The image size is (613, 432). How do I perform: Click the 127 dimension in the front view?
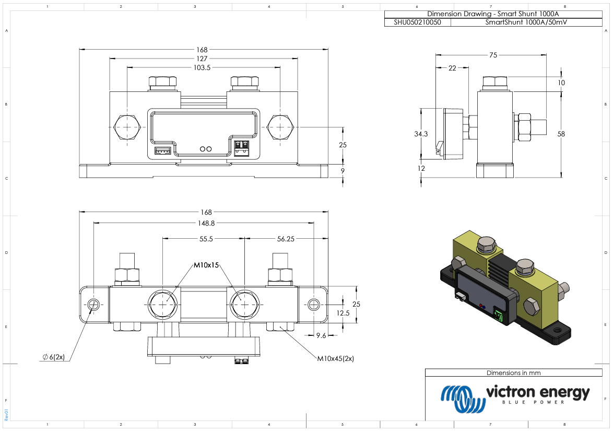coord(202,59)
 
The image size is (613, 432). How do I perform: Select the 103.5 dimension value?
coord(202,67)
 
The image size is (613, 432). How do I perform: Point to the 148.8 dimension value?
coord(204,223)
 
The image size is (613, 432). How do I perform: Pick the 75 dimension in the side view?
coord(493,55)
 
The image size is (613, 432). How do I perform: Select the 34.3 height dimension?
coord(421,134)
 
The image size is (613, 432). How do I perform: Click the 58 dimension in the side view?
coord(561,134)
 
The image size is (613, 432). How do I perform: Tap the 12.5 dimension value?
coord(343,313)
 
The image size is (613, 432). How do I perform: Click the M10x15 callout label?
coord(206,265)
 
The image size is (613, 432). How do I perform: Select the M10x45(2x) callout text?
coord(335,359)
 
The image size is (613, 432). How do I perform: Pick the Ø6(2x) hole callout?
coord(53,357)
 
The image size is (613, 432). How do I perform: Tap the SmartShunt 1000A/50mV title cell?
coord(525,22)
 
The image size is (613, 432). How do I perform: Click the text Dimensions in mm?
coord(513,373)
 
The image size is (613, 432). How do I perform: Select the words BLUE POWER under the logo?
coord(533,402)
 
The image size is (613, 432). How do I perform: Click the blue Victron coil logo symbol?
coord(461,398)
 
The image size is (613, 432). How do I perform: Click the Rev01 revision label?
coord(6,414)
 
